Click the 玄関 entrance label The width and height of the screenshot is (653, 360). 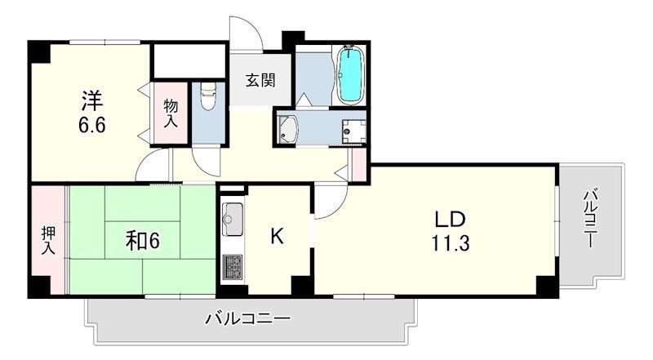pos(260,80)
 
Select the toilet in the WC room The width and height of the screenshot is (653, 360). pos(207,98)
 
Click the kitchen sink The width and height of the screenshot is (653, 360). pos(232,220)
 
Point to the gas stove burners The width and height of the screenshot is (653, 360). pos(232,265)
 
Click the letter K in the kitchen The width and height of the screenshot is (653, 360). pos(277,237)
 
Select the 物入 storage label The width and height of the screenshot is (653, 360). pos(171,113)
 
